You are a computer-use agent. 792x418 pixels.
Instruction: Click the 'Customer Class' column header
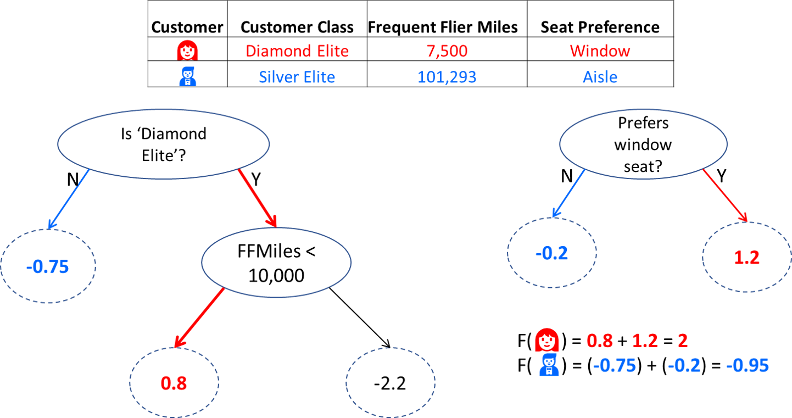point(297,27)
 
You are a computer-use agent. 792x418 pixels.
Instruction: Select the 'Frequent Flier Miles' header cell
point(443,27)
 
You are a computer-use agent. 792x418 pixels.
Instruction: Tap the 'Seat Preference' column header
point(600,27)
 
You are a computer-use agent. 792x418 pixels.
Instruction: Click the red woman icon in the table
point(187,50)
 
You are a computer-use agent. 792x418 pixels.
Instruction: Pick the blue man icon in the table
point(187,76)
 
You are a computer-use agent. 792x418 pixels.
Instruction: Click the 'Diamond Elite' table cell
point(297,51)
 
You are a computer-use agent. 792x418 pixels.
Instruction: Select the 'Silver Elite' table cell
point(297,77)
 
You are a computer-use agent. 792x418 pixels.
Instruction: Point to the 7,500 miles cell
point(447,51)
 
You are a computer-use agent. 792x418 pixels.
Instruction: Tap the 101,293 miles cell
point(447,77)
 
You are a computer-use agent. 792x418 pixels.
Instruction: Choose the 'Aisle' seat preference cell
point(600,77)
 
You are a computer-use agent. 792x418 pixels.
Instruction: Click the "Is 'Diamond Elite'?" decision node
point(163,144)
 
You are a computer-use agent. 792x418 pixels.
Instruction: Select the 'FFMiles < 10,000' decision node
point(276,263)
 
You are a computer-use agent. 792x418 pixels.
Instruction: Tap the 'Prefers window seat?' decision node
point(643,144)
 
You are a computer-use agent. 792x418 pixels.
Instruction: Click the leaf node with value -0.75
point(48,266)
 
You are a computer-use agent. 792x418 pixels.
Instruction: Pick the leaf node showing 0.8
point(174,383)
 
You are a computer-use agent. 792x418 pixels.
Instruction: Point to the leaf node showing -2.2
point(391,383)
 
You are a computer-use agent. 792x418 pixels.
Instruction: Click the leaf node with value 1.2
point(747,257)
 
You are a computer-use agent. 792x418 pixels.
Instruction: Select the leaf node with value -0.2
point(551,253)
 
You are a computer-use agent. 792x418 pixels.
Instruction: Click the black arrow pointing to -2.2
point(360,317)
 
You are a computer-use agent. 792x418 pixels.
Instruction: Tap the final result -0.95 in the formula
point(748,365)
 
